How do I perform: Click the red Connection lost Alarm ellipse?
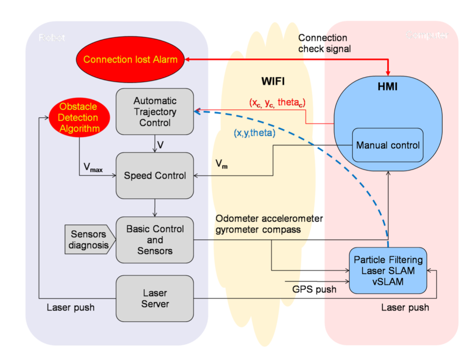(x=131, y=60)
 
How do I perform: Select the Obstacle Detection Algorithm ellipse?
(x=78, y=117)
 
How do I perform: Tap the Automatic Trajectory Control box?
(x=155, y=112)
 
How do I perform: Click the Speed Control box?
(x=155, y=176)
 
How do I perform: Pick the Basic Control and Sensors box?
(x=155, y=240)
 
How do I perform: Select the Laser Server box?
(x=155, y=298)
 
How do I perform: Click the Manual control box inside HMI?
(x=388, y=145)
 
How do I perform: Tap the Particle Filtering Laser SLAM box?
(x=388, y=271)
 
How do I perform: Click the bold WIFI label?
(x=273, y=82)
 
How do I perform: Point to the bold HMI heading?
(x=388, y=87)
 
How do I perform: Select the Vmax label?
(x=93, y=168)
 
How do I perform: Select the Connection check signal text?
(x=324, y=43)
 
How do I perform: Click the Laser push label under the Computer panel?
(x=405, y=308)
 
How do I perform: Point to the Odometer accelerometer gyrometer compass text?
(x=269, y=223)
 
